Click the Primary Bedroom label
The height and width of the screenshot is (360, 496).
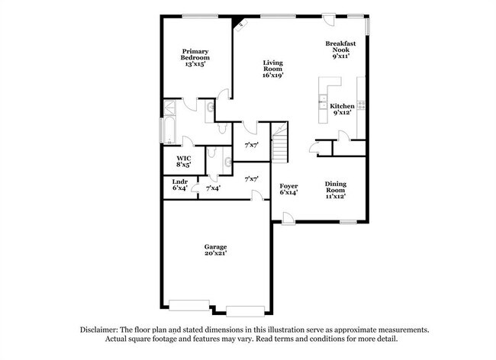click(195, 58)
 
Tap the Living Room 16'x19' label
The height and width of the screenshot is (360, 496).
click(272, 69)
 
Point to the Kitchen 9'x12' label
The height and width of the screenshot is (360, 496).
click(341, 109)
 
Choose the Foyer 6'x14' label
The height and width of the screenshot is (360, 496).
click(288, 189)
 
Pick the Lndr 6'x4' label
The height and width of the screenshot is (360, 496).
click(179, 185)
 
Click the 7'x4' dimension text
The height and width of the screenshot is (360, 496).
click(213, 188)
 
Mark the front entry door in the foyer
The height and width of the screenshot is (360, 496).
click(287, 220)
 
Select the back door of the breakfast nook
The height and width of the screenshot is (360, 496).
click(329, 21)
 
